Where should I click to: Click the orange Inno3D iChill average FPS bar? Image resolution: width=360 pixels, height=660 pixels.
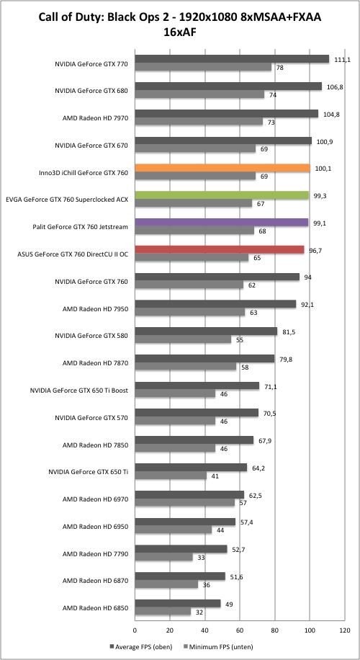coord(222,168)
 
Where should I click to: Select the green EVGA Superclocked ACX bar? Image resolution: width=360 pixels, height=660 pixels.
coord(222,195)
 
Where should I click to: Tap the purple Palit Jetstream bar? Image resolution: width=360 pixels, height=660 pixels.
coord(222,223)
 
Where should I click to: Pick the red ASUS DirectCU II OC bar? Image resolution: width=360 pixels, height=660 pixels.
coord(220,250)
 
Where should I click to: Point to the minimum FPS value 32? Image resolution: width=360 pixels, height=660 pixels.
coord(197,612)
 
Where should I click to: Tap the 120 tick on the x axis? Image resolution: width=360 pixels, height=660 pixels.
coord(345,630)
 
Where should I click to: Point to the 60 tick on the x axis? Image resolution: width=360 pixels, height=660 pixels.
coord(240,630)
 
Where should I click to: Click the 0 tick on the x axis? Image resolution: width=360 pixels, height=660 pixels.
coord(135,630)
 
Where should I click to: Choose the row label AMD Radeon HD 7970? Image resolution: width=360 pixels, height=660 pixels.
coord(95,118)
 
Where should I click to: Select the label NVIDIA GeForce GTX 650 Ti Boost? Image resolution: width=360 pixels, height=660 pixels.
coord(79,391)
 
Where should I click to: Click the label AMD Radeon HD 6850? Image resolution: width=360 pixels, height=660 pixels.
coord(95,608)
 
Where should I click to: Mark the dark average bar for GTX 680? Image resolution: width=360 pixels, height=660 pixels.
coord(228,86)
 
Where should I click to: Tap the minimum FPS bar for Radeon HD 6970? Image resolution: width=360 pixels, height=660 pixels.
coord(184,503)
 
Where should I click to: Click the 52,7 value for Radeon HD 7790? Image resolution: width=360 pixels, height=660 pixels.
coord(237,549)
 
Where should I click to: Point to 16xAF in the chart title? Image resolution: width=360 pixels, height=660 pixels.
coord(179,32)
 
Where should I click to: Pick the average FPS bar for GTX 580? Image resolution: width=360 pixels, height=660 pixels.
coord(206,331)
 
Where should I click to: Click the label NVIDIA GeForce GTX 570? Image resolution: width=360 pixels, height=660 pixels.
coord(91,418)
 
